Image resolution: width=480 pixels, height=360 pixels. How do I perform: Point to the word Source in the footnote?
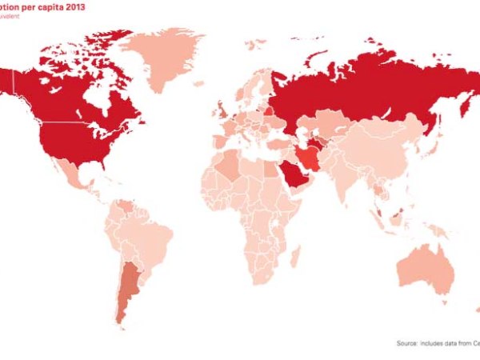pos(406,343)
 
